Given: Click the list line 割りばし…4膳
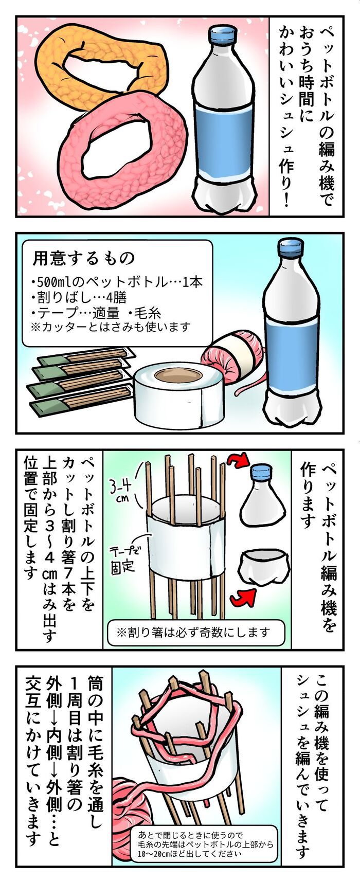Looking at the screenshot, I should point(79,297).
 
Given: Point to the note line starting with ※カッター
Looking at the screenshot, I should point(110,327).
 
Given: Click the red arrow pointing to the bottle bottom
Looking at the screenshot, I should point(243,597).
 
